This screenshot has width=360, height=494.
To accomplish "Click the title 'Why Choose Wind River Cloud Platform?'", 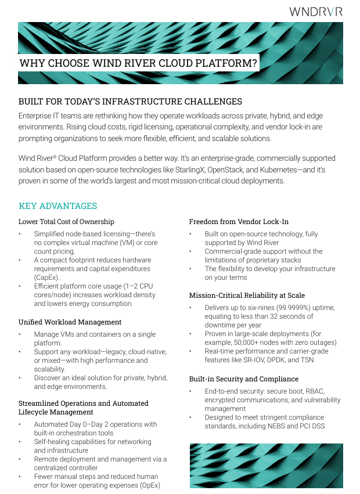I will click(x=138, y=63).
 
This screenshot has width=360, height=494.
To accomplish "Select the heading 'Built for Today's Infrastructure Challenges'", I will click(x=130, y=102).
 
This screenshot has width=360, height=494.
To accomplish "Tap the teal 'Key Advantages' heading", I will click(x=57, y=206).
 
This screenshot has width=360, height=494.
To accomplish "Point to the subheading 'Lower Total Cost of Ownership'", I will click(x=66, y=221).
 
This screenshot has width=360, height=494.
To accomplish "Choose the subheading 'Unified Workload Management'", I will click(x=70, y=322).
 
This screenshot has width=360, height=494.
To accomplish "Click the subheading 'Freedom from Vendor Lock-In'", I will click(x=239, y=221).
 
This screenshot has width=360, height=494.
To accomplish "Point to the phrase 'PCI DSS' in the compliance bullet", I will click(x=309, y=426).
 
